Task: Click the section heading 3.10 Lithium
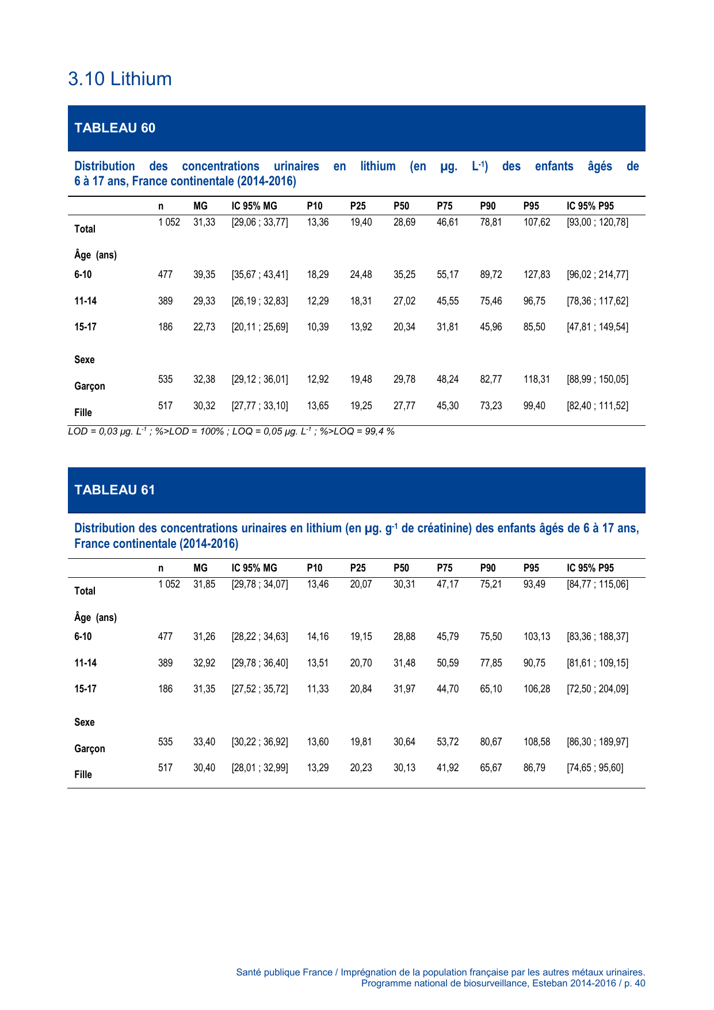tap(120, 79)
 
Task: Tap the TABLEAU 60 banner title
tap(114, 128)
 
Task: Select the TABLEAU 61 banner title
tap(114, 490)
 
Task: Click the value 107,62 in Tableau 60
tap(536, 222)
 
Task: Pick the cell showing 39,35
tap(204, 275)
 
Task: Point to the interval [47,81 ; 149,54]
tap(597, 327)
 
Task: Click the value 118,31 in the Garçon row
tap(536, 379)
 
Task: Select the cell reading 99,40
tap(534, 406)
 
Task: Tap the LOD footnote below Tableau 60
tap(231, 431)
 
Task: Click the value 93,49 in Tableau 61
tap(534, 584)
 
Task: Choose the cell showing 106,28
tap(536, 689)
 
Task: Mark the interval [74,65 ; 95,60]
tap(595, 768)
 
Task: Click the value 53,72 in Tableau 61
tap(448, 742)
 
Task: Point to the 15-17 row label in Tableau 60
tap(85, 327)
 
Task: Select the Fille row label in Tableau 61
tap(83, 775)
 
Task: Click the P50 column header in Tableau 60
tap(401, 206)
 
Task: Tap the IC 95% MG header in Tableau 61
tap(254, 568)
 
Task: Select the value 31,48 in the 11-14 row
tap(404, 663)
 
